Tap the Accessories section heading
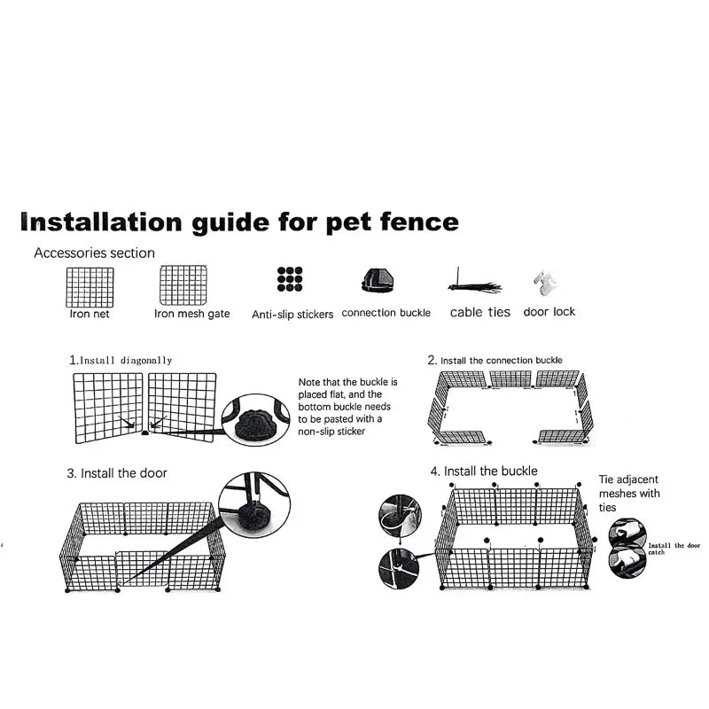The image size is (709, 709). tap(94, 253)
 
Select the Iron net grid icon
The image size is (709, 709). tap(90, 286)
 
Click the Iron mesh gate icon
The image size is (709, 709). tap(183, 285)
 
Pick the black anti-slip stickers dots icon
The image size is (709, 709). tap(290, 279)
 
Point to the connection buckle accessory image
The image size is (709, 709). tap(377, 281)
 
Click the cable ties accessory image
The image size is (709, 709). tap(474, 285)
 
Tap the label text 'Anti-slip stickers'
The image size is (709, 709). tap(292, 315)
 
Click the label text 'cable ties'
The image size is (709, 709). tap(479, 312)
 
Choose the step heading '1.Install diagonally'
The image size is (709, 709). tap(121, 361)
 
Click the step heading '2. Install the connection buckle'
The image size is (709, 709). tap(495, 361)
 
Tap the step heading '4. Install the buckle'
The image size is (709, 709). tap(484, 471)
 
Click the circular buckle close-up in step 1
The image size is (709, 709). tap(255, 420)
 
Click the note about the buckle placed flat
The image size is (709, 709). tap(348, 407)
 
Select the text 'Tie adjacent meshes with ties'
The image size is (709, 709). tap(629, 493)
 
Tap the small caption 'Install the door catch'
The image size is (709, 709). tap(673, 549)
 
